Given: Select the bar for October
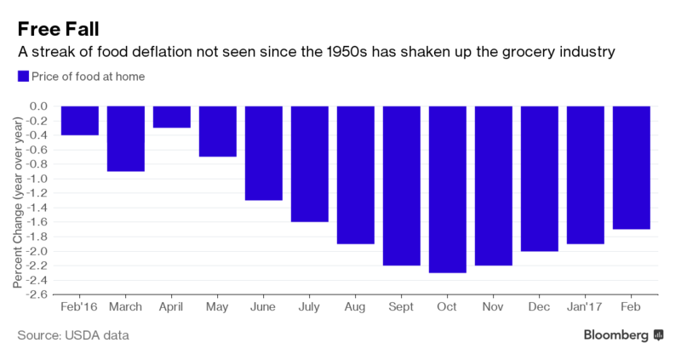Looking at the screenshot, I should (x=447, y=189).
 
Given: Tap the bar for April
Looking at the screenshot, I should (x=171, y=117).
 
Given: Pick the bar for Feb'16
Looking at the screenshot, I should (x=79, y=120).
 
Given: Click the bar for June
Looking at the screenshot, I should (x=263, y=153).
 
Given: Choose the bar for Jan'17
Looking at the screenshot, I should (x=585, y=174).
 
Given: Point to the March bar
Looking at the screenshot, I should (x=125, y=139).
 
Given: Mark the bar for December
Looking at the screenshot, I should (x=539, y=179).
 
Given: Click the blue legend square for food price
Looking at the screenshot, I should (x=23, y=77).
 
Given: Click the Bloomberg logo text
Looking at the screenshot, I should (x=616, y=335).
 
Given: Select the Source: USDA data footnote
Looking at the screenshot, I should (x=73, y=335).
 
